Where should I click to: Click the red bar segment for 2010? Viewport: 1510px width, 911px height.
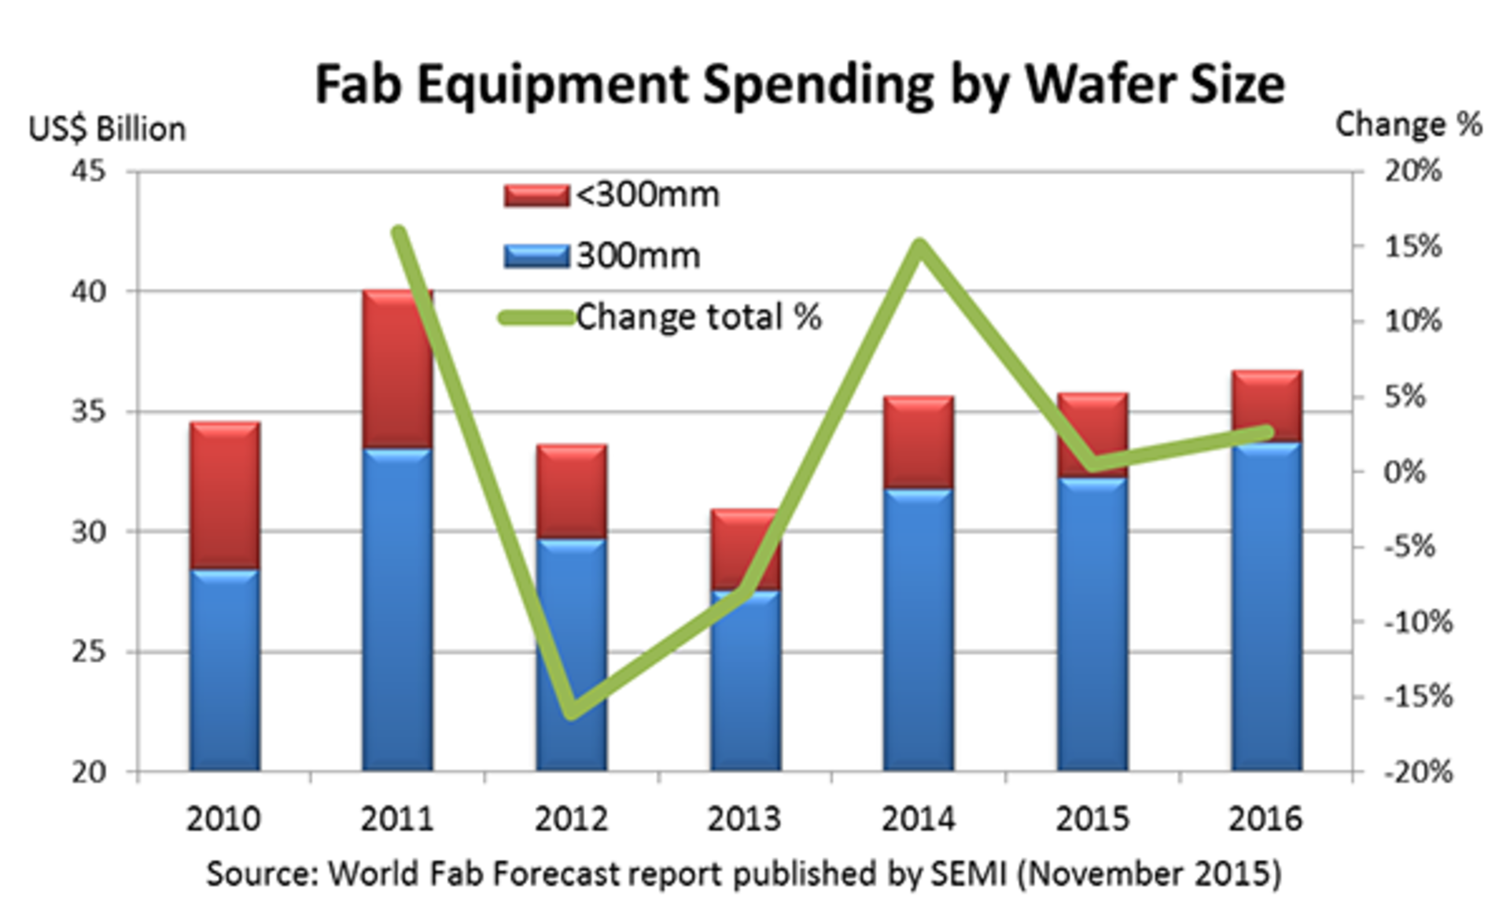225,496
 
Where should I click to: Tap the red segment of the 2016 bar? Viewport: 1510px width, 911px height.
1267,406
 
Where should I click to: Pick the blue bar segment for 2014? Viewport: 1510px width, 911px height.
919,629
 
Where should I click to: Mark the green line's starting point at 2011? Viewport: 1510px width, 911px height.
399,233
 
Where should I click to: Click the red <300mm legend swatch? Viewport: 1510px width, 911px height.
536,195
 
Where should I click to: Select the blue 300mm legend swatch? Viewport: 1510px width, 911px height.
536,256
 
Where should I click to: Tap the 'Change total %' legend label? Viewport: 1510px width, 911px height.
698,317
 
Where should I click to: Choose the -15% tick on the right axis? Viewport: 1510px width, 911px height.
1418,697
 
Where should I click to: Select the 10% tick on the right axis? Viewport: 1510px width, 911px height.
1412,322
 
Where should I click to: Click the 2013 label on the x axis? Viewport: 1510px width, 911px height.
744,819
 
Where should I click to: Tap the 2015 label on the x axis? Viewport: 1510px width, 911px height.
1092,819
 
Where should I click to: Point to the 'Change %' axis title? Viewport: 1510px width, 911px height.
1409,125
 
